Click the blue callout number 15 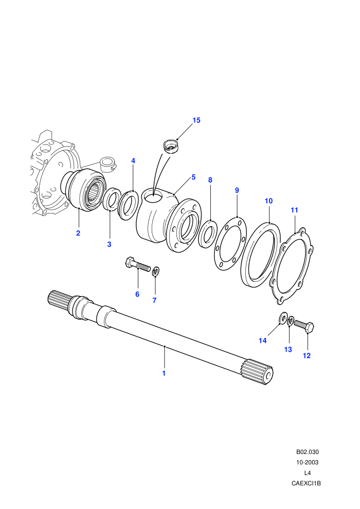pyautogui.click(x=196, y=120)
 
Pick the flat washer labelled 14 pyautogui.click(x=282, y=318)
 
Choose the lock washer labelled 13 pyautogui.click(x=291, y=321)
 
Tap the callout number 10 pyautogui.click(x=268, y=201)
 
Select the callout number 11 pyautogui.click(x=294, y=210)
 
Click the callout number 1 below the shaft pyautogui.click(x=164, y=373)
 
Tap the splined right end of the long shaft pyautogui.click(x=258, y=371)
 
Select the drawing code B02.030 pyautogui.click(x=307, y=452)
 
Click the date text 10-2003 pyautogui.click(x=307, y=462)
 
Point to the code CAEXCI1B pyautogui.click(x=306, y=483)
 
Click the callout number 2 pyautogui.click(x=78, y=233)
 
